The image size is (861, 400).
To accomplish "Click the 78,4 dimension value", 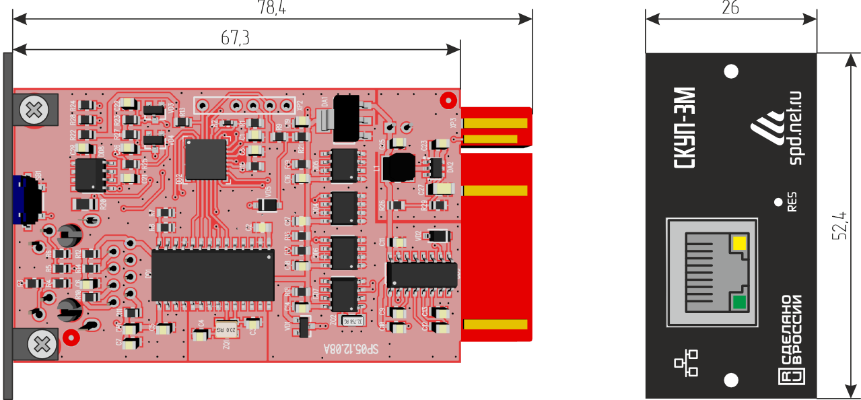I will [x=271, y=7].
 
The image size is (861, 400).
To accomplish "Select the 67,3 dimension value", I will [x=235, y=38].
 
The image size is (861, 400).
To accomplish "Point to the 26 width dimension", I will [x=730, y=7].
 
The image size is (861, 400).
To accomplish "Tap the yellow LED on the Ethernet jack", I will [x=740, y=243].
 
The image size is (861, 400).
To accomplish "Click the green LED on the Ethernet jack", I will [x=740, y=302].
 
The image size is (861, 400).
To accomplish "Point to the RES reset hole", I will [x=779, y=201].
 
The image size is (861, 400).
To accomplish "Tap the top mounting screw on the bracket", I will [x=32, y=108].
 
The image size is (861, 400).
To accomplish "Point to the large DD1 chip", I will [x=213, y=275].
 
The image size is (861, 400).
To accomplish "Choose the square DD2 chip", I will [x=206, y=159].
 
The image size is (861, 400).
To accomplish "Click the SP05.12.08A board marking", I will [x=351, y=349].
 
